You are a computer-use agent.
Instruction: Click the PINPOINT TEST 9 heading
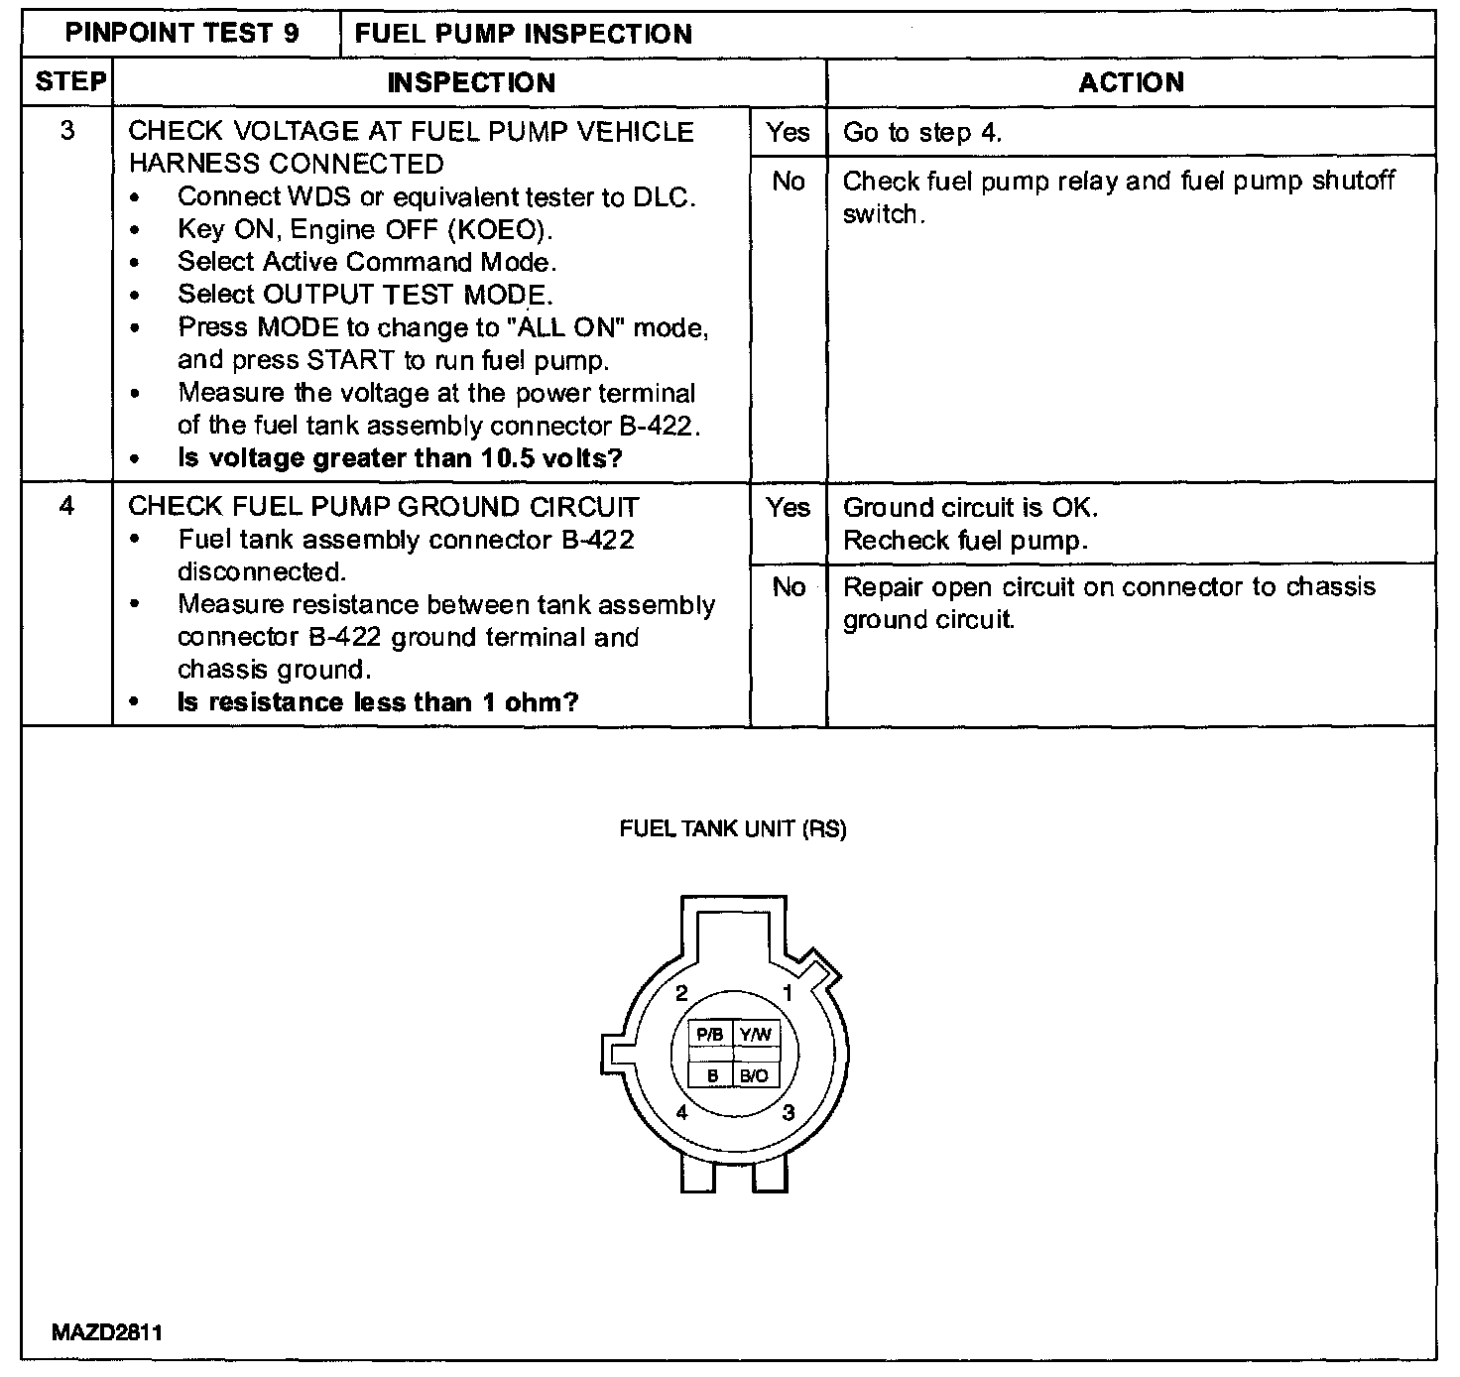click(x=182, y=34)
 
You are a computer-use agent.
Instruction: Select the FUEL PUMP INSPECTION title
click(x=524, y=34)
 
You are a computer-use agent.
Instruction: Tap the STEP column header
click(x=69, y=81)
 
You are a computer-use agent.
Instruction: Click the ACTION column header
click(x=1131, y=81)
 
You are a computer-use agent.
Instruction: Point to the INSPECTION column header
click(x=471, y=82)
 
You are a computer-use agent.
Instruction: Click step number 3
click(x=66, y=131)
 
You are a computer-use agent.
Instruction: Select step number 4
click(x=66, y=506)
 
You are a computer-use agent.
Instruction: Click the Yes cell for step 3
click(x=788, y=132)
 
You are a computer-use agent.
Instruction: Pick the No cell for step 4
click(x=789, y=587)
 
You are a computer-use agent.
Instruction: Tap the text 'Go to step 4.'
click(x=922, y=133)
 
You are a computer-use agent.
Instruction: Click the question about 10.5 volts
click(x=400, y=458)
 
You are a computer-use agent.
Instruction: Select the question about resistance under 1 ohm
click(x=378, y=702)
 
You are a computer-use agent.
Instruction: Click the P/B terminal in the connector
click(x=709, y=1035)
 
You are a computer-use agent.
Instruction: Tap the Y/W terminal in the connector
click(x=755, y=1035)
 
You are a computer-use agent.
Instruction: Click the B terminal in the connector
click(x=711, y=1075)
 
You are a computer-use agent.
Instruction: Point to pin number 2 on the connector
click(x=681, y=994)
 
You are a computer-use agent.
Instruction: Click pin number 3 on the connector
click(x=789, y=1112)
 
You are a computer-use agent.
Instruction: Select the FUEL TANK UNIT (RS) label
click(x=732, y=829)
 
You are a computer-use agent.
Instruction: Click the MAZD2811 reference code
click(x=107, y=1331)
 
